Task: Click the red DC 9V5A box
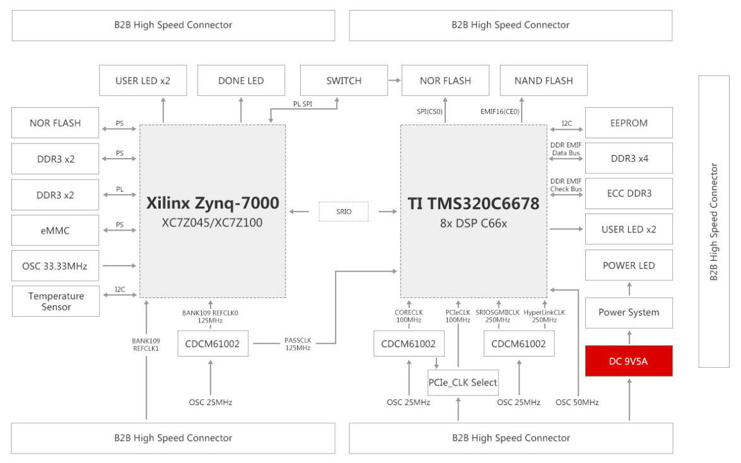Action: [x=629, y=361]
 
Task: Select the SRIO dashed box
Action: [x=344, y=212]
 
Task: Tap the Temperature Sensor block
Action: [x=56, y=301]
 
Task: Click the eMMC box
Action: [x=56, y=231]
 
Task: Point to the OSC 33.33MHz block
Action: [x=56, y=266]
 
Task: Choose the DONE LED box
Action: [x=241, y=81]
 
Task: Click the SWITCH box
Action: [x=344, y=81]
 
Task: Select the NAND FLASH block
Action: [x=544, y=81]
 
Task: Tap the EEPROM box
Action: [x=629, y=123]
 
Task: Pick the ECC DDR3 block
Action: [x=629, y=193]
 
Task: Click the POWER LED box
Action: [x=629, y=265]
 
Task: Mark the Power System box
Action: [x=629, y=312]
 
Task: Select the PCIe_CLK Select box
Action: [x=463, y=382]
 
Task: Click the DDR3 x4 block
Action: [x=629, y=159]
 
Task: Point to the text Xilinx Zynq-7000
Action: [x=213, y=203]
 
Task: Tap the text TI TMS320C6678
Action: [x=474, y=203]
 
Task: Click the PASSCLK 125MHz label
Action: [x=298, y=344]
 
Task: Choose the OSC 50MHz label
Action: [x=577, y=402]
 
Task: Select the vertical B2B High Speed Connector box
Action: [x=714, y=221]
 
